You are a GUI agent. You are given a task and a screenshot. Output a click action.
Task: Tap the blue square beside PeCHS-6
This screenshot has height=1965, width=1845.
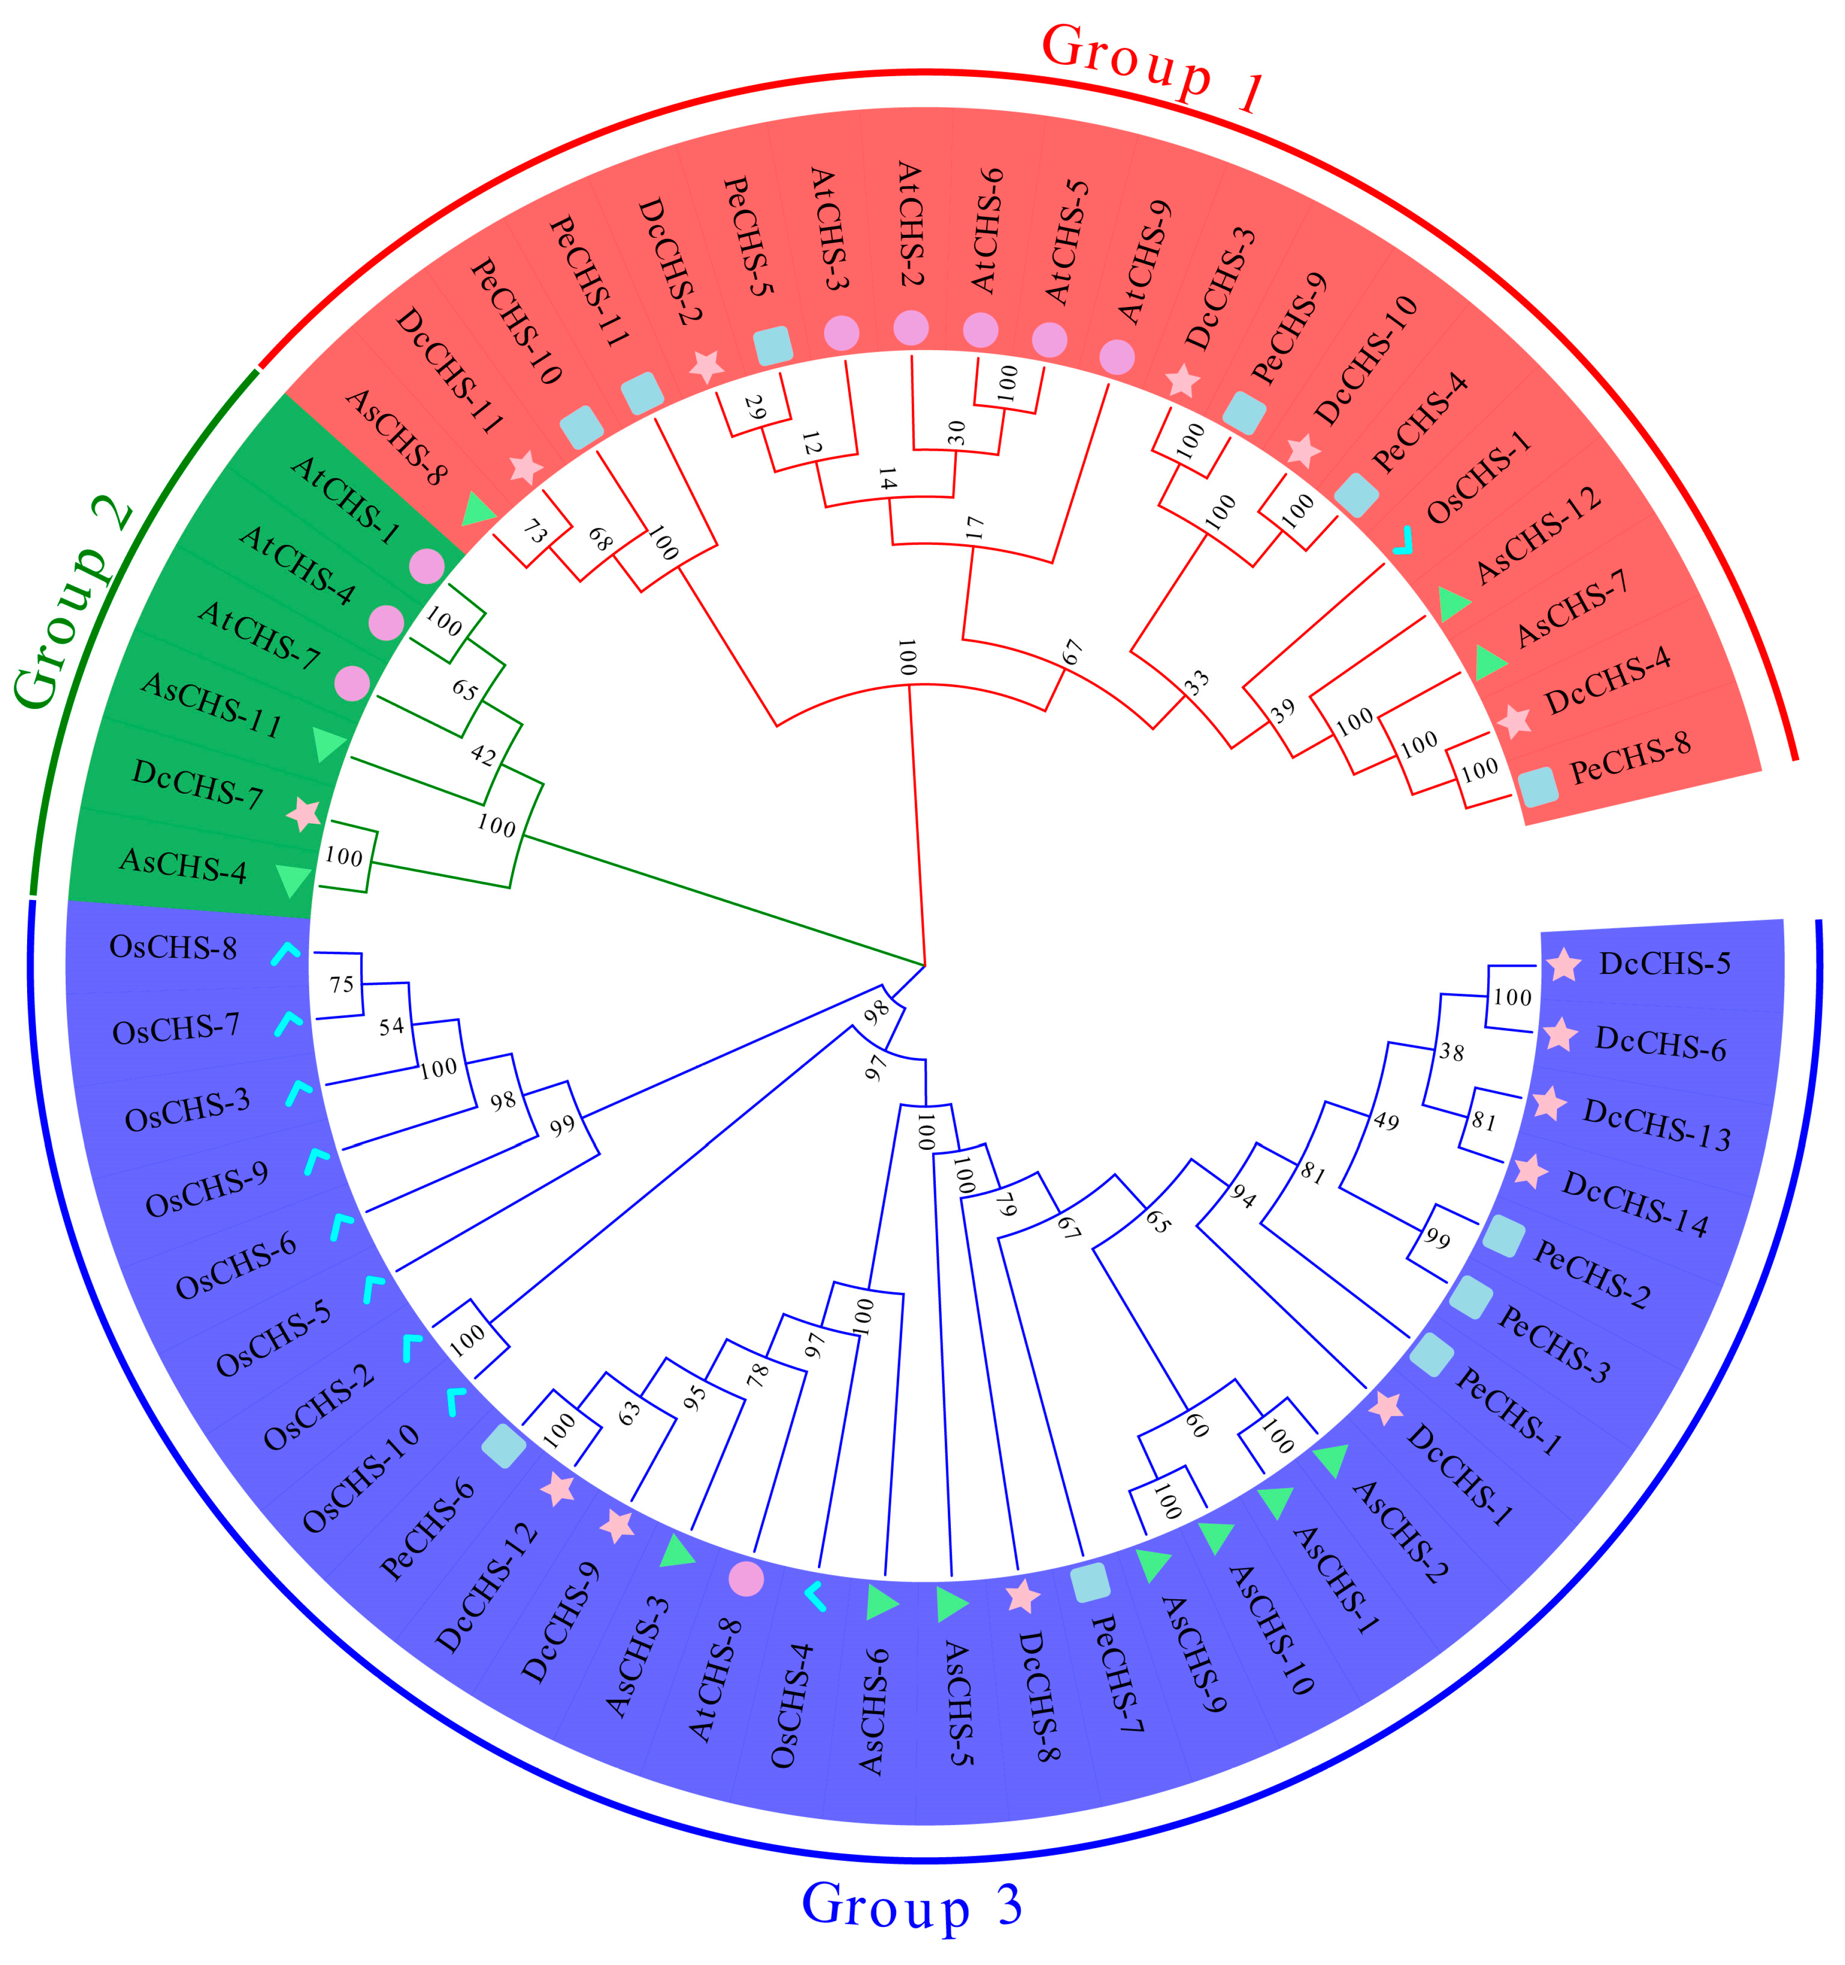[504, 1446]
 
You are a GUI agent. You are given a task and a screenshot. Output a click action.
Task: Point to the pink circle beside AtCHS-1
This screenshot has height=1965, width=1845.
[426, 566]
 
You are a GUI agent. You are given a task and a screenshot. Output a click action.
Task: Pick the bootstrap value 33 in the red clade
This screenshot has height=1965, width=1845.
[1196, 682]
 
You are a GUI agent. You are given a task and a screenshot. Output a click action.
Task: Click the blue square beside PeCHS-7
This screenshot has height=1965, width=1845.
[1090, 1582]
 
